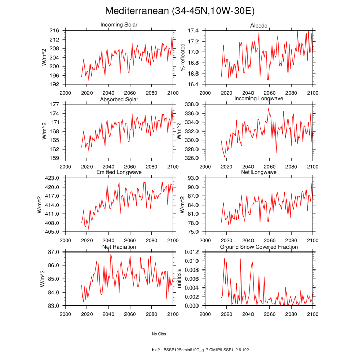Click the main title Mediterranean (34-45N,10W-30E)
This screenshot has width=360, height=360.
click(180, 11)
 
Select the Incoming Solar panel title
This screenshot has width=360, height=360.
click(119, 25)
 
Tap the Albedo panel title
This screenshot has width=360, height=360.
click(259, 26)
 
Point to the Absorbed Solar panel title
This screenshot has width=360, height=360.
click(119, 99)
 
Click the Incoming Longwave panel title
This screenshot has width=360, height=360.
click(259, 98)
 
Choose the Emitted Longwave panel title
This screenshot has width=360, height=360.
click(119, 172)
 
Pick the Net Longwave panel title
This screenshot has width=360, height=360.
click(259, 172)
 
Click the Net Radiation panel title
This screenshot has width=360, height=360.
click(119, 247)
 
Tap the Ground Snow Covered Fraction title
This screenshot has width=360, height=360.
click(259, 247)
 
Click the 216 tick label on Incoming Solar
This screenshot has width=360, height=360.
click(54, 30)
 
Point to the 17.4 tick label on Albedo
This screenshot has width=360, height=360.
click(193, 30)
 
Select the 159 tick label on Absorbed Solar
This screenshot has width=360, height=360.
click(54, 158)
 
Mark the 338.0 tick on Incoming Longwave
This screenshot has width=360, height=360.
click(191, 104)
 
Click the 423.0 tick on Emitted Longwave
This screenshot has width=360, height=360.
click(52, 178)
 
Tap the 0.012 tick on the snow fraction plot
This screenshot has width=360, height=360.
click(191, 252)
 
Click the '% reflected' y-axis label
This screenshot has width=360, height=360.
click(183, 57)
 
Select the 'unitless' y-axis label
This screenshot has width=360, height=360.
click(179, 279)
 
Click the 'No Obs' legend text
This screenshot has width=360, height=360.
click(158, 334)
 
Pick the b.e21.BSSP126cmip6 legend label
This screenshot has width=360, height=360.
click(200, 350)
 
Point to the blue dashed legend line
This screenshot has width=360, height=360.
click(129, 334)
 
